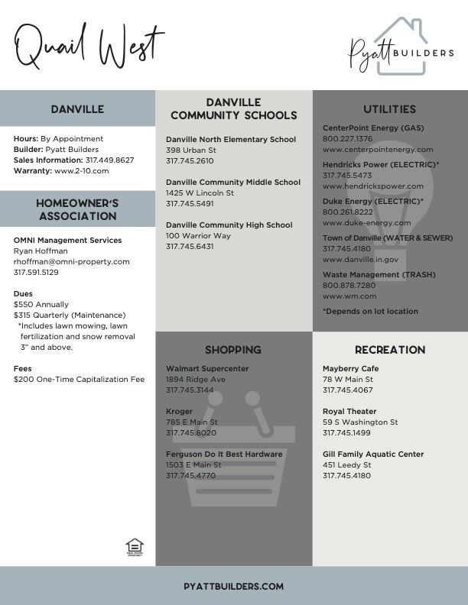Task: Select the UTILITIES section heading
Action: pyautogui.click(x=390, y=109)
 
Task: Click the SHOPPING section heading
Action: pyautogui.click(x=233, y=350)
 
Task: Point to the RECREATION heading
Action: pyautogui.click(x=390, y=350)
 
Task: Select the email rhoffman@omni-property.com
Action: pyautogui.click(x=72, y=261)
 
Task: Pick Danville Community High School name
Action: pyautogui.click(x=229, y=225)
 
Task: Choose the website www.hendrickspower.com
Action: pyautogui.click(x=372, y=186)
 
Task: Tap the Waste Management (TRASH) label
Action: pyautogui.click(x=373, y=274)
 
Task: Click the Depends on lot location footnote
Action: pyautogui.click(x=370, y=312)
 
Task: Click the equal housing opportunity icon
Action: pyautogui.click(x=135, y=546)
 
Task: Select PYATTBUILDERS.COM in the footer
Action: pyautogui.click(x=234, y=587)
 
